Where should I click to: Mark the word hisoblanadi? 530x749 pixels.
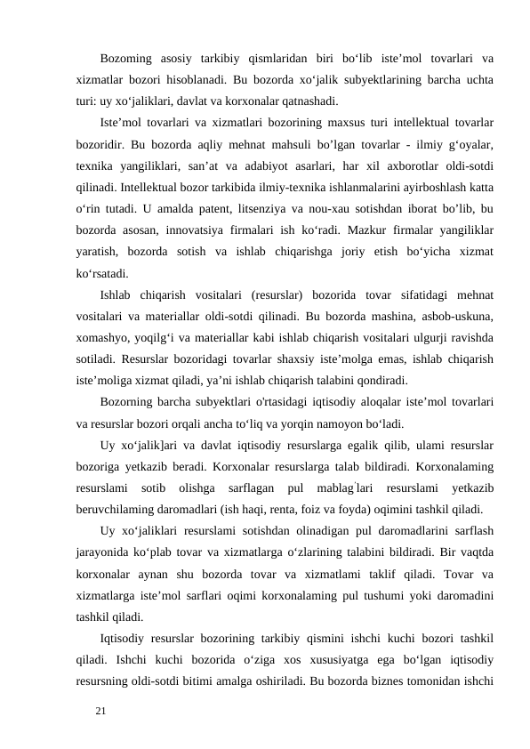click(179, 80)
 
